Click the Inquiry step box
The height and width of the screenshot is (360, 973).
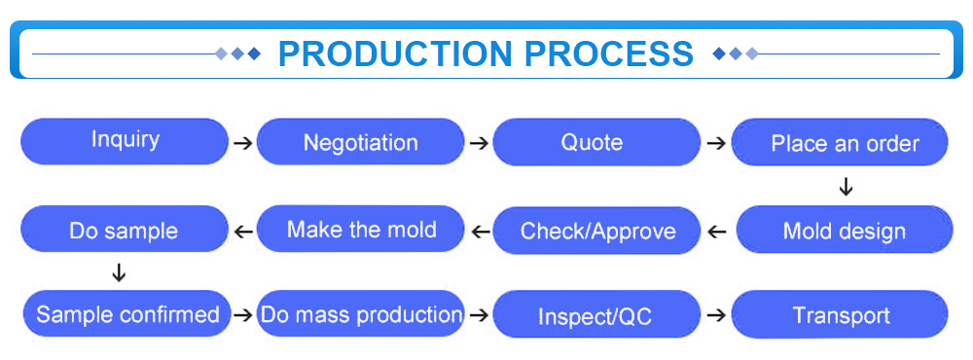[125, 141]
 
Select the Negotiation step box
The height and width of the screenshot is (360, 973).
[361, 141]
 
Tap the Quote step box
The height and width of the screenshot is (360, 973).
[596, 142]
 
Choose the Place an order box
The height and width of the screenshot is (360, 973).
[840, 142]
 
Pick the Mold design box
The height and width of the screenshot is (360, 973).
[844, 230]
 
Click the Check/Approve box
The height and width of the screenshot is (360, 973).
[596, 231]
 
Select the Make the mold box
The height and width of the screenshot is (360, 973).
[361, 229]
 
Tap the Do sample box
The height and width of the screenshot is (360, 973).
[125, 229]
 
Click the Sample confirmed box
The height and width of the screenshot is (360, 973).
[127, 313]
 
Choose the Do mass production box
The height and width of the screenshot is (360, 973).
[361, 313]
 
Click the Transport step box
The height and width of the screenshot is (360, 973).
[840, 314]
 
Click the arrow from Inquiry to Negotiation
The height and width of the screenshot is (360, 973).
[243, 143]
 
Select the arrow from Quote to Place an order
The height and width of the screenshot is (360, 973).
[717, 143]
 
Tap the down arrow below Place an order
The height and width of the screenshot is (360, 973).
[846, 186]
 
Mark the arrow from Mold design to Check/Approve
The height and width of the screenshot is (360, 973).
[717, 233]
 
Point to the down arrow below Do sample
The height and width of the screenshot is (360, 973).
[118, 271]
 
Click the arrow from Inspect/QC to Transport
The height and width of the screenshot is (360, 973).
[717, 315]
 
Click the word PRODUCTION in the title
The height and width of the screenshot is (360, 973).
[395, 54]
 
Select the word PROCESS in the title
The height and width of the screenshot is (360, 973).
[609, 54]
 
